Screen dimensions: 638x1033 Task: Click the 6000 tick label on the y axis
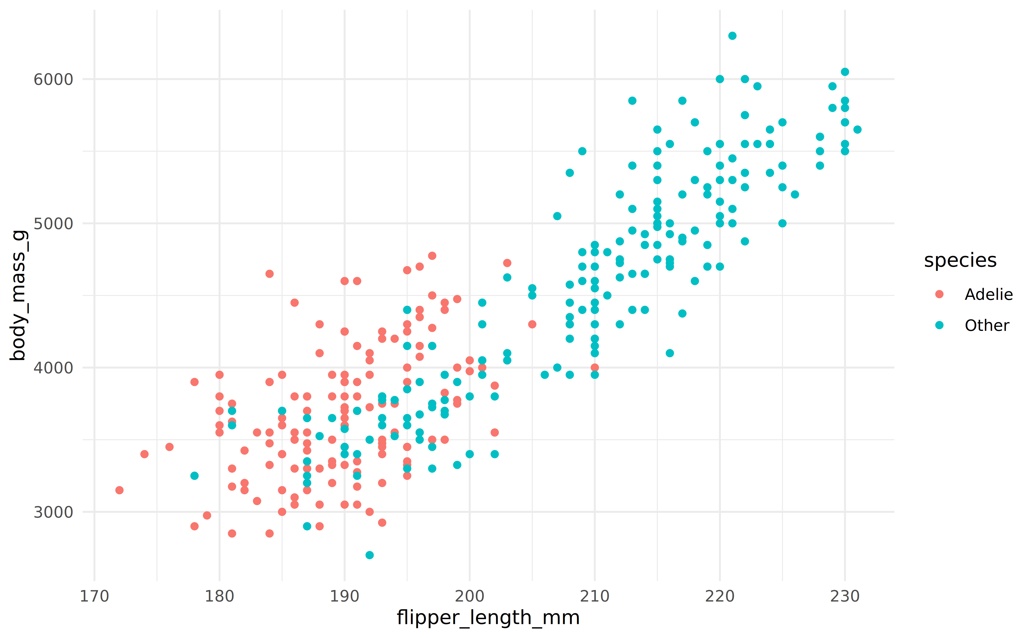(x=53, y=79)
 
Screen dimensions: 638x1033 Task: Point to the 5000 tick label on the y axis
(x=53, y=224)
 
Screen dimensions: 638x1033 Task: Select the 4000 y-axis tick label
(x=53, y=368)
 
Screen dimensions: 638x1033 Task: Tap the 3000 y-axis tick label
(x=53, y=512)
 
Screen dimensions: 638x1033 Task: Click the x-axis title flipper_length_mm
(x=488, y=618)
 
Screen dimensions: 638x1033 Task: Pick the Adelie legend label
(x=988, y=294)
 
